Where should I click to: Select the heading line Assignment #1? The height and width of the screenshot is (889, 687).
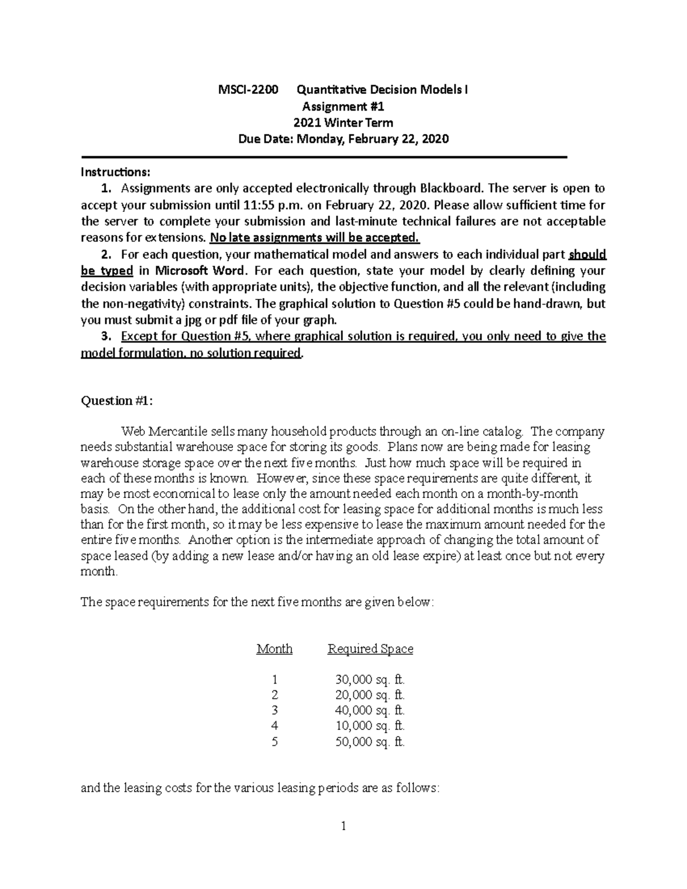[x=343, y=106]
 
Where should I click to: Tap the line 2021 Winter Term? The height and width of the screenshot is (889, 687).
[x=343, y=123]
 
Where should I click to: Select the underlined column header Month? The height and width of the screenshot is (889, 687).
[x=274, y=649]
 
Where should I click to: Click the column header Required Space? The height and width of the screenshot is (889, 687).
[x=370, y=649]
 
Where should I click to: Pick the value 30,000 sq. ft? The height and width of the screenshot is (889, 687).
[x=370, y=680]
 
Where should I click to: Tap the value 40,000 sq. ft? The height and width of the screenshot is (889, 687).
[x=370, y=711]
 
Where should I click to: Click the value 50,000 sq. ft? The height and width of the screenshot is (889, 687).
[x=370, y=742]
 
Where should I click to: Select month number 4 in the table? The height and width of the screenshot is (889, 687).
[x=275, y=726]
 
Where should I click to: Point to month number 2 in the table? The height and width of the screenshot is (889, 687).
[x=275, y=696]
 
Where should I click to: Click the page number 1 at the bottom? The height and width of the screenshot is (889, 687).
[x=343, y=826]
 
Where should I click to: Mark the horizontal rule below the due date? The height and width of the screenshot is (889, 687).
[x=324, y=157]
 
